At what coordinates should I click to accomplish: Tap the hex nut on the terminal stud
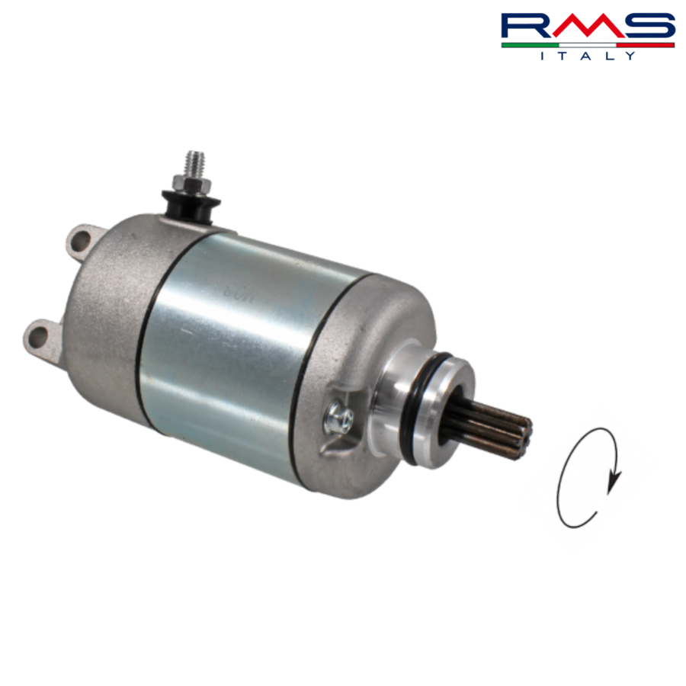[191, 184]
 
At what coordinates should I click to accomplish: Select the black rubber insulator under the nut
[191, 207]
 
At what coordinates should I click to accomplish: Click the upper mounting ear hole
[80, 242]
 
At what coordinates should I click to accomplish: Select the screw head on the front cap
[339, 418]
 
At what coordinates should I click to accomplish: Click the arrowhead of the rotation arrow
[614, 481]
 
